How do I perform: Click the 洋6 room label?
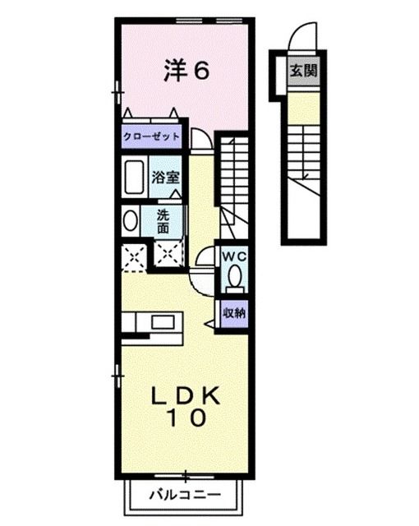pos(186,72)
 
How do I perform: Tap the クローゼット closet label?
pos(151,136)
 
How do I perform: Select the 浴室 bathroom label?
pos(166,176)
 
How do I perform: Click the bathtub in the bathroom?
pos(133,176)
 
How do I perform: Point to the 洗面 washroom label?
pos(164,220)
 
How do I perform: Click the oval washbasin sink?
pos(130,220)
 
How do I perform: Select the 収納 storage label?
pos(233,313)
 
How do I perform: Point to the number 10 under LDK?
pos(186,418)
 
